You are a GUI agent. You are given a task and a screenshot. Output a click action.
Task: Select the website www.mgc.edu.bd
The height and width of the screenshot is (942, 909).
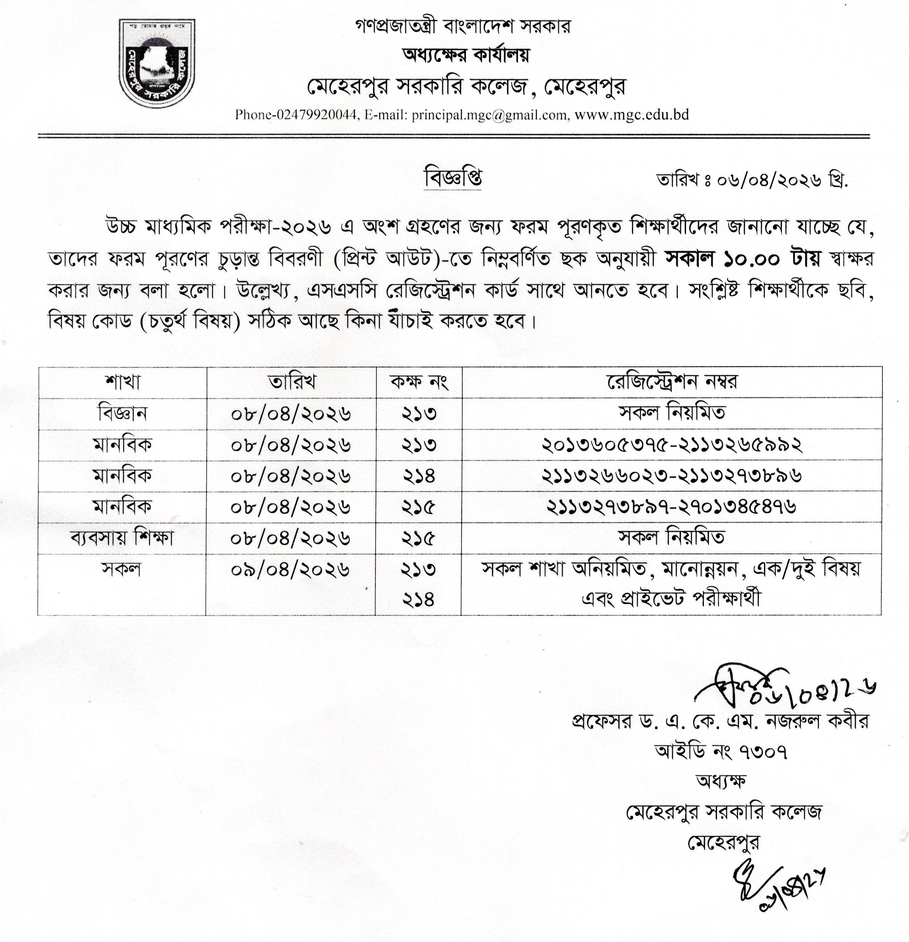coord(632,115)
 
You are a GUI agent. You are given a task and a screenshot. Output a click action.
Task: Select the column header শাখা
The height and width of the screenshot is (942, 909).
coord(122,382)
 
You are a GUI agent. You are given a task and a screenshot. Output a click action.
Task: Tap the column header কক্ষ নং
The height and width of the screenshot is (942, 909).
coord(419,382)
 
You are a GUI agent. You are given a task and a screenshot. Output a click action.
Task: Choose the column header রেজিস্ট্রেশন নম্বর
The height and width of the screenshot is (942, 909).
coord(672,382)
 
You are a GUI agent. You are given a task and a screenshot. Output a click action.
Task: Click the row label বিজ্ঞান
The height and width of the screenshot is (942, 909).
coord(122,413)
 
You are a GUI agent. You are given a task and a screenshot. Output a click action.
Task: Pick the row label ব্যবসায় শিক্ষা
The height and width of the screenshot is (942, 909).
coord(122,538)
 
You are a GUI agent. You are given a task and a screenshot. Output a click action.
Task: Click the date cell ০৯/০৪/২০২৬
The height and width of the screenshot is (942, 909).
coord(291,570)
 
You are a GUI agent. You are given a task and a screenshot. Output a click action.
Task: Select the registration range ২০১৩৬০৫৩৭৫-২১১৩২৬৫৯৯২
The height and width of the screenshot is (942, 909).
coord(672,445)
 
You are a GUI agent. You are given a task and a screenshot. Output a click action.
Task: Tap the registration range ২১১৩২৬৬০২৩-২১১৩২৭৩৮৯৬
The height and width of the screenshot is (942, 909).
coord(672,476)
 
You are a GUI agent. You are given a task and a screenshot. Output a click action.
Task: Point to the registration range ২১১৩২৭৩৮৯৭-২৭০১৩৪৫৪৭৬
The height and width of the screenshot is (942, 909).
coord(672,507)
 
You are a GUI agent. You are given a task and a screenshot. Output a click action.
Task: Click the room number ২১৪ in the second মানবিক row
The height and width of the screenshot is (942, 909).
coord(419,476)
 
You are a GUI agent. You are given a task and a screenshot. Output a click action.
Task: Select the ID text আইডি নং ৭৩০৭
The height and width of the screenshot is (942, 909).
coord(721,751)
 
